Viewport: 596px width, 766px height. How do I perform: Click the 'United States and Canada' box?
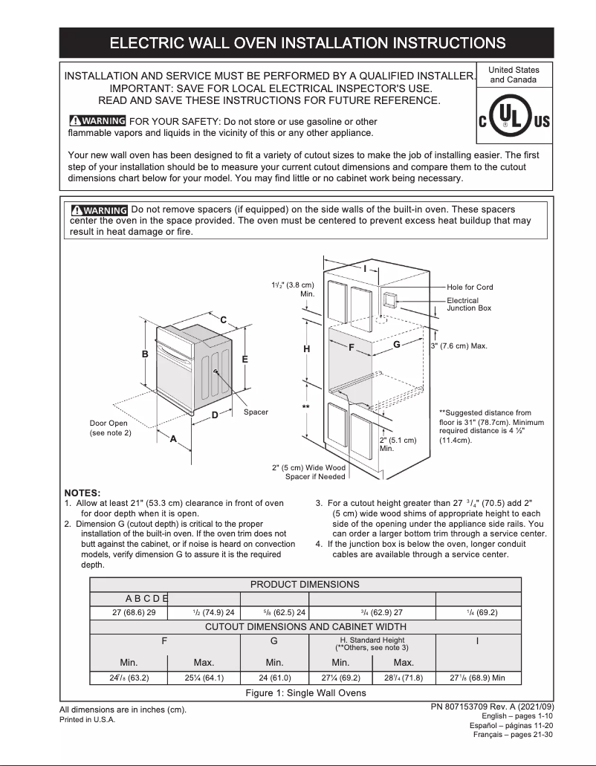[514, 74]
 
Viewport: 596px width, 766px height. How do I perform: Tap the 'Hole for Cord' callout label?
[470, 287]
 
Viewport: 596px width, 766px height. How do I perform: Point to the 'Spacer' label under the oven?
[256, 412]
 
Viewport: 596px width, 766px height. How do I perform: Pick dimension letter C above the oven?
[223, 319]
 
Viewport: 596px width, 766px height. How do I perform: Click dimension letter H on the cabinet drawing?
[306, 348]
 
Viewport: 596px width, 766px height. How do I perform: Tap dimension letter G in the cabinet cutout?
[397, 345]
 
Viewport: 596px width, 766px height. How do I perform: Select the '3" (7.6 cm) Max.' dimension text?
[459, 346]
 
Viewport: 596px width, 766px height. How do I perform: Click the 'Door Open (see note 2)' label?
[110, 428]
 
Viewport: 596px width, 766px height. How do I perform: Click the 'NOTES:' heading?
[82, 493]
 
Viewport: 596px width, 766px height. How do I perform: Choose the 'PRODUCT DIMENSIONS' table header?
[305, 585]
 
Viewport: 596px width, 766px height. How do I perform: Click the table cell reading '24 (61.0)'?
[274, 677]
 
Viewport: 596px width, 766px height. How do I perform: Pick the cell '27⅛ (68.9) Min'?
[477, 677]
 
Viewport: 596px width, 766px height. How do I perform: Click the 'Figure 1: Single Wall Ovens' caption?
[305, 693]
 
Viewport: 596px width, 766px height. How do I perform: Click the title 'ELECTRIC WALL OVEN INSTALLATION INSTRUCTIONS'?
[308, 43]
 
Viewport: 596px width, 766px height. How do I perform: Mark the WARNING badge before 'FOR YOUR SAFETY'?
[97, 121]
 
